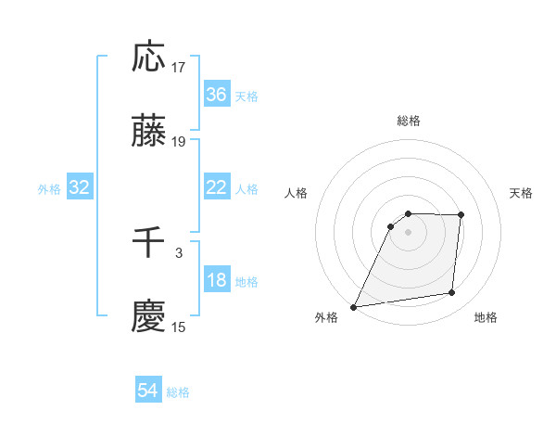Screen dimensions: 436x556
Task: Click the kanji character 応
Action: coord(149,57)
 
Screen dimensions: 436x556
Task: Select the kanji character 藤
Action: coord(149,132)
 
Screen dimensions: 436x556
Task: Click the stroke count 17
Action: coord(179,67)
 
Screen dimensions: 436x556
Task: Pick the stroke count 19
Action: coord(179,142)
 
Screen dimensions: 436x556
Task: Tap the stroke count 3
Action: coord(179,251)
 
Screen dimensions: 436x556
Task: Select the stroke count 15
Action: coord(179,327)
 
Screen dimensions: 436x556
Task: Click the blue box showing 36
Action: coord(217,95)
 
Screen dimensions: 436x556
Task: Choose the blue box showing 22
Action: coord(217,187)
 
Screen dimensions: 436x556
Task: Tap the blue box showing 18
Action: coord(217,281)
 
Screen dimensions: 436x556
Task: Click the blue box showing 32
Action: coord(80,187)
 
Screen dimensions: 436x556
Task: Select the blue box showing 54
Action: coord(148,391)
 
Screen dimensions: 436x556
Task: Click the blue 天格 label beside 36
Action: coord(246,96)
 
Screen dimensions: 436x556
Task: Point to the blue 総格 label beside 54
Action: coord(178,392)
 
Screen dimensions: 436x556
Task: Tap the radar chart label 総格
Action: coord(409,121)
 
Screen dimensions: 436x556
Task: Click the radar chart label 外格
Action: coord(326,317)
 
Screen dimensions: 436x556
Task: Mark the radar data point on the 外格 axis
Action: coord(354,306)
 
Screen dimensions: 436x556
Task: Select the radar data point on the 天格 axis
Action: coord(461,215)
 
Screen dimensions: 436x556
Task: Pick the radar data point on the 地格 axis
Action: coord(451,293)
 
